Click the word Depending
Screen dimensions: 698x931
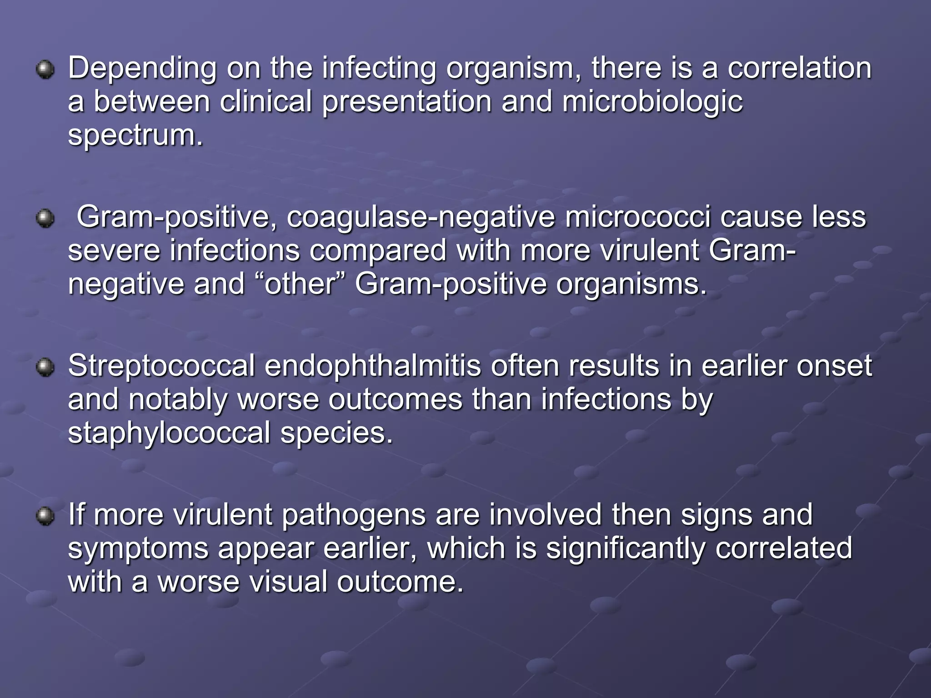(142, 69)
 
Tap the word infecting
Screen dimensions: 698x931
(378, 69)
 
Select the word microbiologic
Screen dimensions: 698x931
(652, 102)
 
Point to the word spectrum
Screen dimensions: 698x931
(135, 135)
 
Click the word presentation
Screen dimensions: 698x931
(407, 102)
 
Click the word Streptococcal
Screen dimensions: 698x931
(161, 366)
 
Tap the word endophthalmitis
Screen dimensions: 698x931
(372, 366)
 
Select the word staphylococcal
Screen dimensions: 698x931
(169, 433)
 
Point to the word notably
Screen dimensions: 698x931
(178, 399)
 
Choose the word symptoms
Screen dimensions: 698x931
(138, 548)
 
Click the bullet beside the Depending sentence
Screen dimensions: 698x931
(45, 70)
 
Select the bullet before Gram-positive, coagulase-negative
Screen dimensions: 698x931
(45, 219)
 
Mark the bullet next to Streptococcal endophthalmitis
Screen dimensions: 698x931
(45, 367)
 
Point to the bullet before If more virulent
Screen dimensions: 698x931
(45, 516)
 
